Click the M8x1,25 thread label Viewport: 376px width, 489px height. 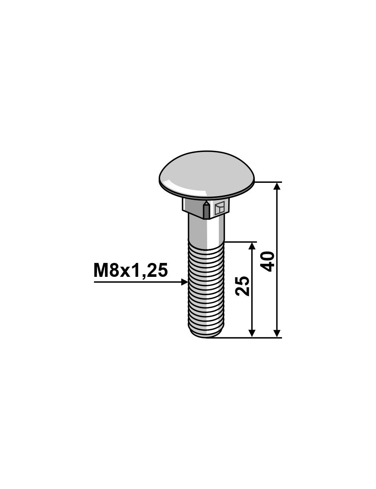[x=130, y=271]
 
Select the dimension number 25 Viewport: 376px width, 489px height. [x=243, y=286]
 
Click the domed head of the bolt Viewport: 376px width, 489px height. [x=207, y=175]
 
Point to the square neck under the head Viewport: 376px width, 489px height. [x=206, y=208]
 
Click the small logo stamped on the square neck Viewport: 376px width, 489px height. [x=220, y=208]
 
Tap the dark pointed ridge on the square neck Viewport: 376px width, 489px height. [x=206, y=210]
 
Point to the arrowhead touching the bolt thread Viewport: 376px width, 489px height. [x=184, y=282]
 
